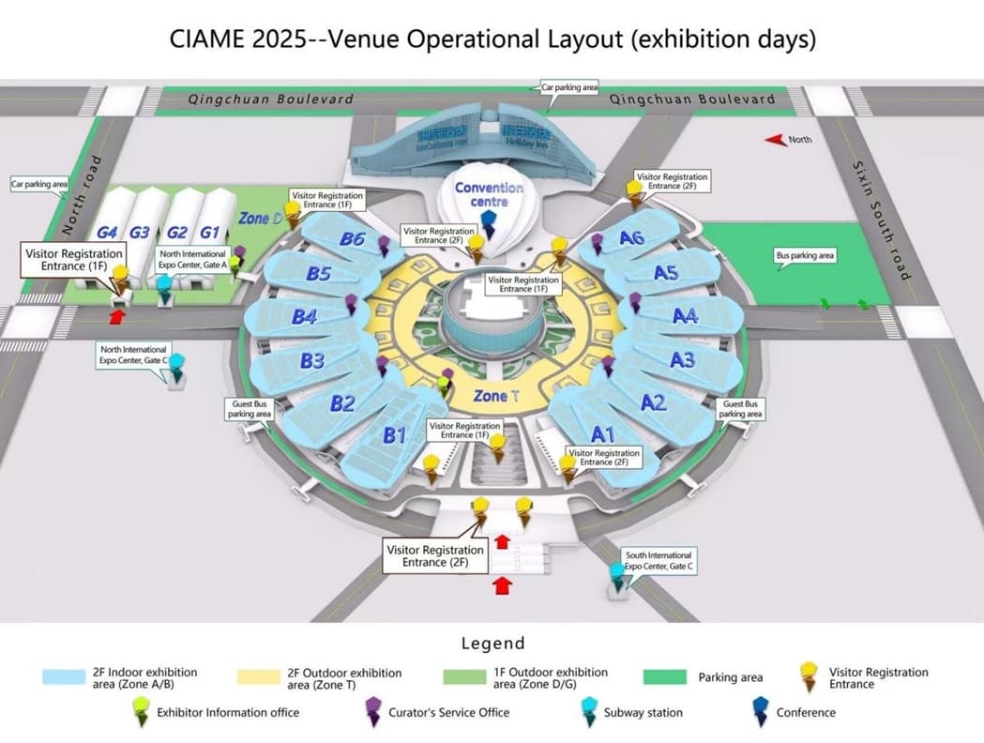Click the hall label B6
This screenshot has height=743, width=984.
[x=353, y=239]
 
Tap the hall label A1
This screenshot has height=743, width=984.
[x=603, y=433]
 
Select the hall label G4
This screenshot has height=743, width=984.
[x=106, y=232]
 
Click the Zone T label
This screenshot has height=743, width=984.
[x=496, y=396]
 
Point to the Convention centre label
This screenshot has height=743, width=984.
[x=489, y=194]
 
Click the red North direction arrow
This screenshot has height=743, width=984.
[x=775, y=140]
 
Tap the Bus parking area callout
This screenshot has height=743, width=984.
[x=804, y=255]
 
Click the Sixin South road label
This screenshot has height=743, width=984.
[x=881, y=220]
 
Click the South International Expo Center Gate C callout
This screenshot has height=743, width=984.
[x=659, y=561]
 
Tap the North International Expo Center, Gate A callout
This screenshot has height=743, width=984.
[x=192, y=259]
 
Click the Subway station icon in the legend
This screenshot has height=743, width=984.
[x=589, y=712]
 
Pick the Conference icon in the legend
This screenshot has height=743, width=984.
[x=756, y=712]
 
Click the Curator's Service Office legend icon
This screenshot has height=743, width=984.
[x=372, y=712]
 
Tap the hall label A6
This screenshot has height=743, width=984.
[x=631, y=238]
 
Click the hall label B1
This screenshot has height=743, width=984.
[x=394, y=434]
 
